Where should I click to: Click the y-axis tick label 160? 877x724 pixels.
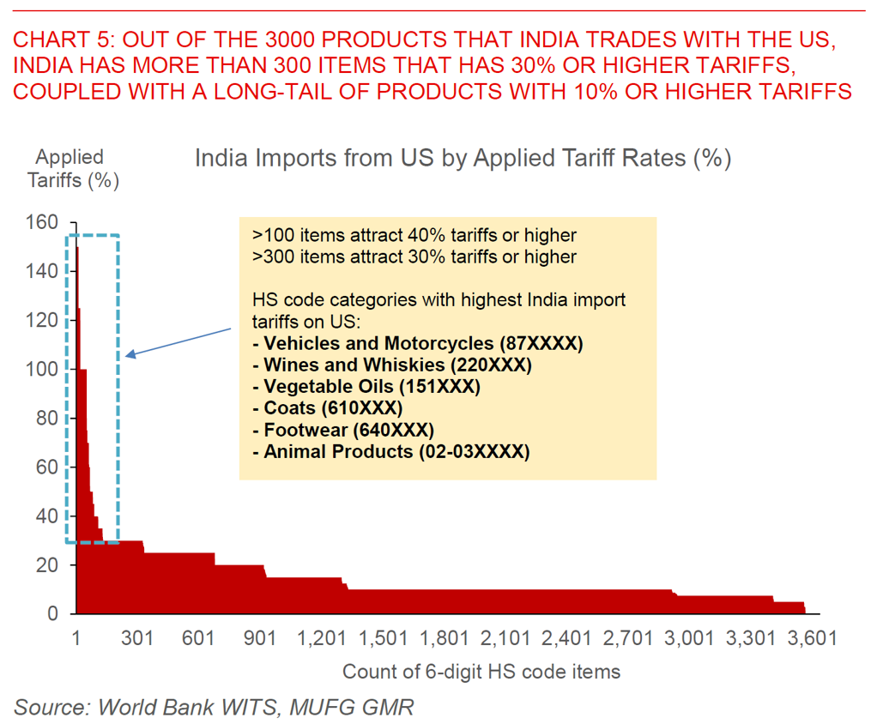coord(43,223)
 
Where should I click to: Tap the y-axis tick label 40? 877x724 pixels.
coord(47,516)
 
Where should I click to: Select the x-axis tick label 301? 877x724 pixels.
coord(137,638)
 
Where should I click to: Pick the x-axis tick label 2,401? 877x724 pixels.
coord(568,638)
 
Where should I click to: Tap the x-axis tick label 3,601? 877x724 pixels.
coord(813,638)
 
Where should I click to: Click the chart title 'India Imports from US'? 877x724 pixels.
coord(463,160)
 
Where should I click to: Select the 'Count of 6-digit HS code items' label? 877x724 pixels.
coord(481,672)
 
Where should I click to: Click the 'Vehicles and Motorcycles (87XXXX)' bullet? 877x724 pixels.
coord(418,344)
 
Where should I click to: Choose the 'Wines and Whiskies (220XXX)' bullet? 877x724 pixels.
coord(392,365)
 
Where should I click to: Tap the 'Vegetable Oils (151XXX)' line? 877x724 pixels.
coord(366,387)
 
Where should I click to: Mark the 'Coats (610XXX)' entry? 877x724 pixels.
coord(327,408)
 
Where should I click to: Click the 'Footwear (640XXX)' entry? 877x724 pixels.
coord(343,430)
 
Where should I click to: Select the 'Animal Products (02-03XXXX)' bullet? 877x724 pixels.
coord(391,451)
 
